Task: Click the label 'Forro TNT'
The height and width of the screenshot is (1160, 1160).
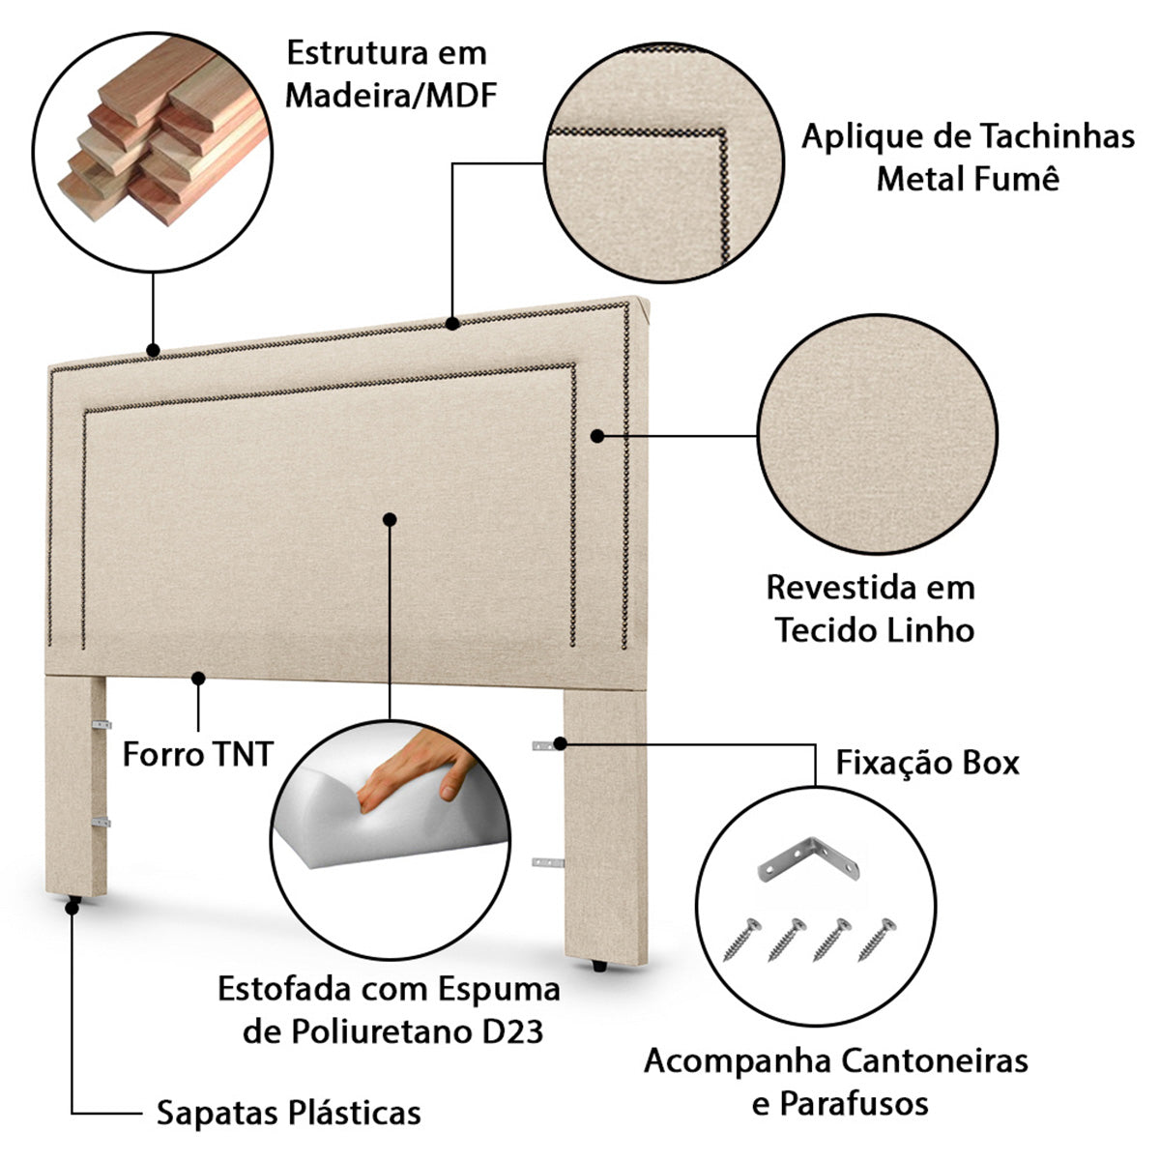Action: click(x=198, y=754)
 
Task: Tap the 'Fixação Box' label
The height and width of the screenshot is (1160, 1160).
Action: click(x=928, y=763)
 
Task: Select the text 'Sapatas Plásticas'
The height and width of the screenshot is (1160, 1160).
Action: click(x=289, y=1113)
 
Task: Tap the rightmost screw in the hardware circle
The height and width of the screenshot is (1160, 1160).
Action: click(x=877, y=939)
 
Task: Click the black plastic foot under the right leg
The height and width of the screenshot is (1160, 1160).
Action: click(x=598, y=965)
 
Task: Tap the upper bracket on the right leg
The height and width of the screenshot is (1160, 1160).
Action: click(x=548, y=744)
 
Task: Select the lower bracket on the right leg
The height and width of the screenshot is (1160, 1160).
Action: click(x=548, y=860)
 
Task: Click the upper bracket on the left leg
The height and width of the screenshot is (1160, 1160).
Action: click(x=101, y=724)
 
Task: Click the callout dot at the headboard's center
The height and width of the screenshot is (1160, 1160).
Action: click(x=390, y=519)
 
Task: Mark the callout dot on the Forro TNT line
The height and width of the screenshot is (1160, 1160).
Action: click(x=198, y=679)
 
